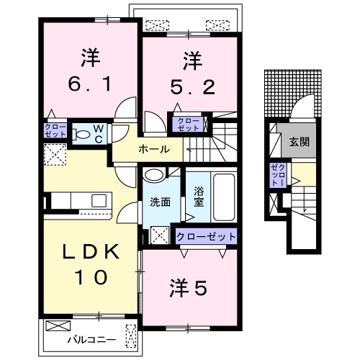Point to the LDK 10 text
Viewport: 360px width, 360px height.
[x=89, y=264]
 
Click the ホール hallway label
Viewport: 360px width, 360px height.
[x=155, y=150]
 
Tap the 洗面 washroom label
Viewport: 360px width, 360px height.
[x=160, y=202]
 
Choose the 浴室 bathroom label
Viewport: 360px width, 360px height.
[x=199, y=197]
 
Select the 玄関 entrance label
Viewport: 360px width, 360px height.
[x=300, y=143]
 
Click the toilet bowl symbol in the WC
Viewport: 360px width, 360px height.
[x=81, y=134]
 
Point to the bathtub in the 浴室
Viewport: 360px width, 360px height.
[x=222, y=197]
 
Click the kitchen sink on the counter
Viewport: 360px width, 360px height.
[x=99, y=200]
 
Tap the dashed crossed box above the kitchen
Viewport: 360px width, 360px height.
[x=55, y=153]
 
